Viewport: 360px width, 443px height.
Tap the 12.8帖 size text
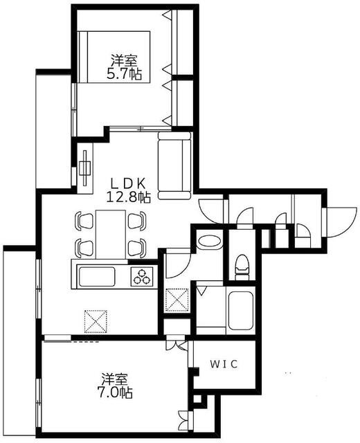click(129, 197)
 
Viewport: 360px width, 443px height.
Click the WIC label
click(225, 364)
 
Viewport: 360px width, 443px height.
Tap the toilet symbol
click(242, 265)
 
